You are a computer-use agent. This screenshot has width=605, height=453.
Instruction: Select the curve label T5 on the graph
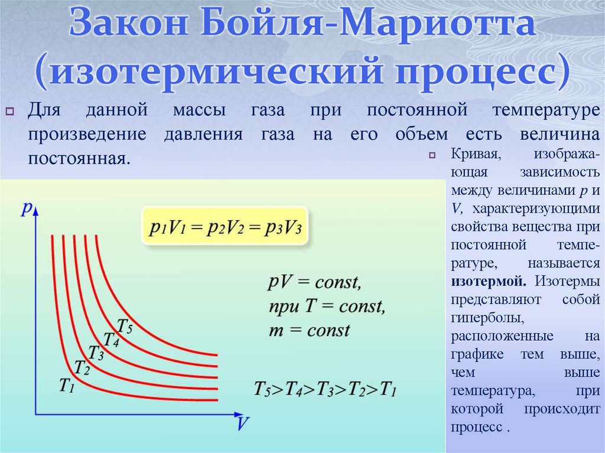125,325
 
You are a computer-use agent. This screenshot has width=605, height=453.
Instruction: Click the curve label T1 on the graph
67,384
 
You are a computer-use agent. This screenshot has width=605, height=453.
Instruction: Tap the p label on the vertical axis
26,208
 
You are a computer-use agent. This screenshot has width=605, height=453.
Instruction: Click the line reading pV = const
314,282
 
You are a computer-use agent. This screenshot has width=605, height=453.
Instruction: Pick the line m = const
309,330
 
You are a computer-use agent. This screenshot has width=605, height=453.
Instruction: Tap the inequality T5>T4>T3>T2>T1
325,389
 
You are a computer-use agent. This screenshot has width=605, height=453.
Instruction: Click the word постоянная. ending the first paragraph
77,158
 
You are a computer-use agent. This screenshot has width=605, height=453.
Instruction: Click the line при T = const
326,306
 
